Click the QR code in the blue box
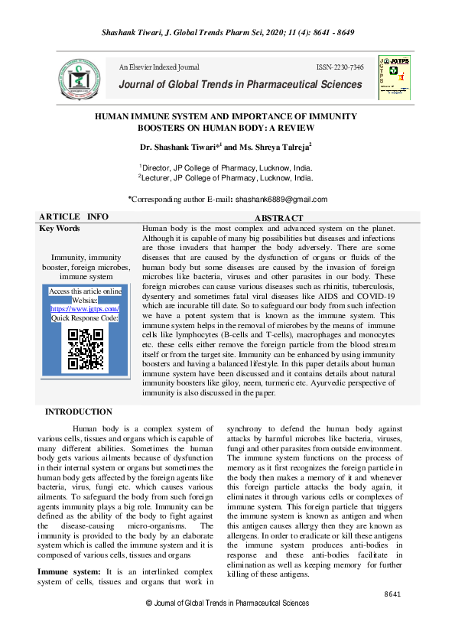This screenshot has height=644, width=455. pos(86,349)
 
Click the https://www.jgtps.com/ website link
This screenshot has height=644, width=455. pos(85,308)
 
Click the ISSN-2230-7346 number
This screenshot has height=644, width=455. pos(340,68)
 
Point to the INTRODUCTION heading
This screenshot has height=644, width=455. pos(79,412)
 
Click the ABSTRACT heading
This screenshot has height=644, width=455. pos(278,219)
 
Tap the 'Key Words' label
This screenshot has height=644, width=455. pos(59,229)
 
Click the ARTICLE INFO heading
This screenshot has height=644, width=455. pos(73,217)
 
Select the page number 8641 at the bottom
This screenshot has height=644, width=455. pos(392,594)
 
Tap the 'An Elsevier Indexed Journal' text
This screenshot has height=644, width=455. pos(159,68)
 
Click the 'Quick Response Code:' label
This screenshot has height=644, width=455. pos(85,317)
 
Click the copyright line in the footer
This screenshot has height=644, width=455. pos(227,603)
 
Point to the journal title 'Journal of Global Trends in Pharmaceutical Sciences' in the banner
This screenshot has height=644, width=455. pos(239,84)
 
